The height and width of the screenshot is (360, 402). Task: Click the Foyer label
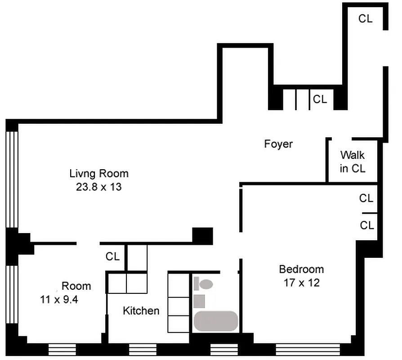click(x=278, y=144)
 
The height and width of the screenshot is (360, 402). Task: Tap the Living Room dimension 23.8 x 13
click(x=99, y=187)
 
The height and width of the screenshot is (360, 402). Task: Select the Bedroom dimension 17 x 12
click(x=301, y=283)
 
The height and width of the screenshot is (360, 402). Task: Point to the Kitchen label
click(x=141, y=311)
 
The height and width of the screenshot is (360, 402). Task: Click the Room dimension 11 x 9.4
click(x=59, y=299)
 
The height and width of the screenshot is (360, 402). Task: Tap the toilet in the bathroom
click(x=203, y=284)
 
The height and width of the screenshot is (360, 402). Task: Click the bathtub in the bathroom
click(x=216, y=321)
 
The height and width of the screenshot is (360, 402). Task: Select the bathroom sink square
click(x=199, y=301)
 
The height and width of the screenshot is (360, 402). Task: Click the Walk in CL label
click(x=353, y=162)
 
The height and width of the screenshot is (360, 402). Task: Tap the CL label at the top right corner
click(x=365, y=19)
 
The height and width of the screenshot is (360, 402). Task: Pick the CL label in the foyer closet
click(x=320, y=99)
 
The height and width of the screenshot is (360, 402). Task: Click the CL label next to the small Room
click(x=112, y=256)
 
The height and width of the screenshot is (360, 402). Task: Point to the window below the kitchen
click(x=143, y=350)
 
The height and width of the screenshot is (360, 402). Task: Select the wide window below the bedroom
click(x=308, y=350)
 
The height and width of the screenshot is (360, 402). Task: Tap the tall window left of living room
click(x=12, y=180)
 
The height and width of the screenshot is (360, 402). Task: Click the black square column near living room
click(x=202, y=236)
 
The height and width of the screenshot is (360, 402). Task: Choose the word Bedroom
click(x=301, y=270)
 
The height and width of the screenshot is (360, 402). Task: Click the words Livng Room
click(x=99, y=174)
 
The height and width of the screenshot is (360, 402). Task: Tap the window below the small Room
click(x=63, y=350)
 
